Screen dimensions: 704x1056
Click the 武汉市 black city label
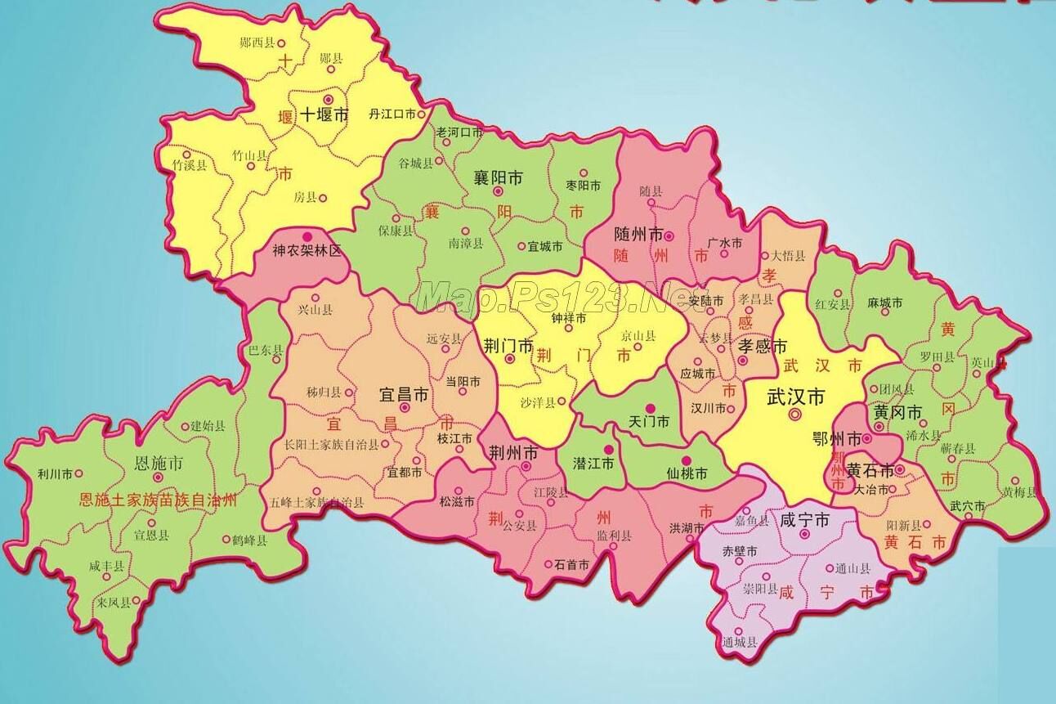coord(796,397)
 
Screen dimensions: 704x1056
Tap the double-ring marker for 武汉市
coord(795,415)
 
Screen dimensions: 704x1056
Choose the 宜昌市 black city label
coord(404,395)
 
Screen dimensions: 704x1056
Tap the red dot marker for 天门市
coord(651,408)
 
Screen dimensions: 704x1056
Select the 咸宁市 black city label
coord(804,520)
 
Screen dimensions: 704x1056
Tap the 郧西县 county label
coord(257,43)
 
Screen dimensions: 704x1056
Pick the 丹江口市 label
coord(392,114)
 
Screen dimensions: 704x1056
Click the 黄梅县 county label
coord(1020,492)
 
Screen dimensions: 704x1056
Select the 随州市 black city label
coord(638,235)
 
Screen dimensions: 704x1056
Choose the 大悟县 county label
coord(789,255)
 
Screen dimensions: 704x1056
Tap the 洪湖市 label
coord(687,528)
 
